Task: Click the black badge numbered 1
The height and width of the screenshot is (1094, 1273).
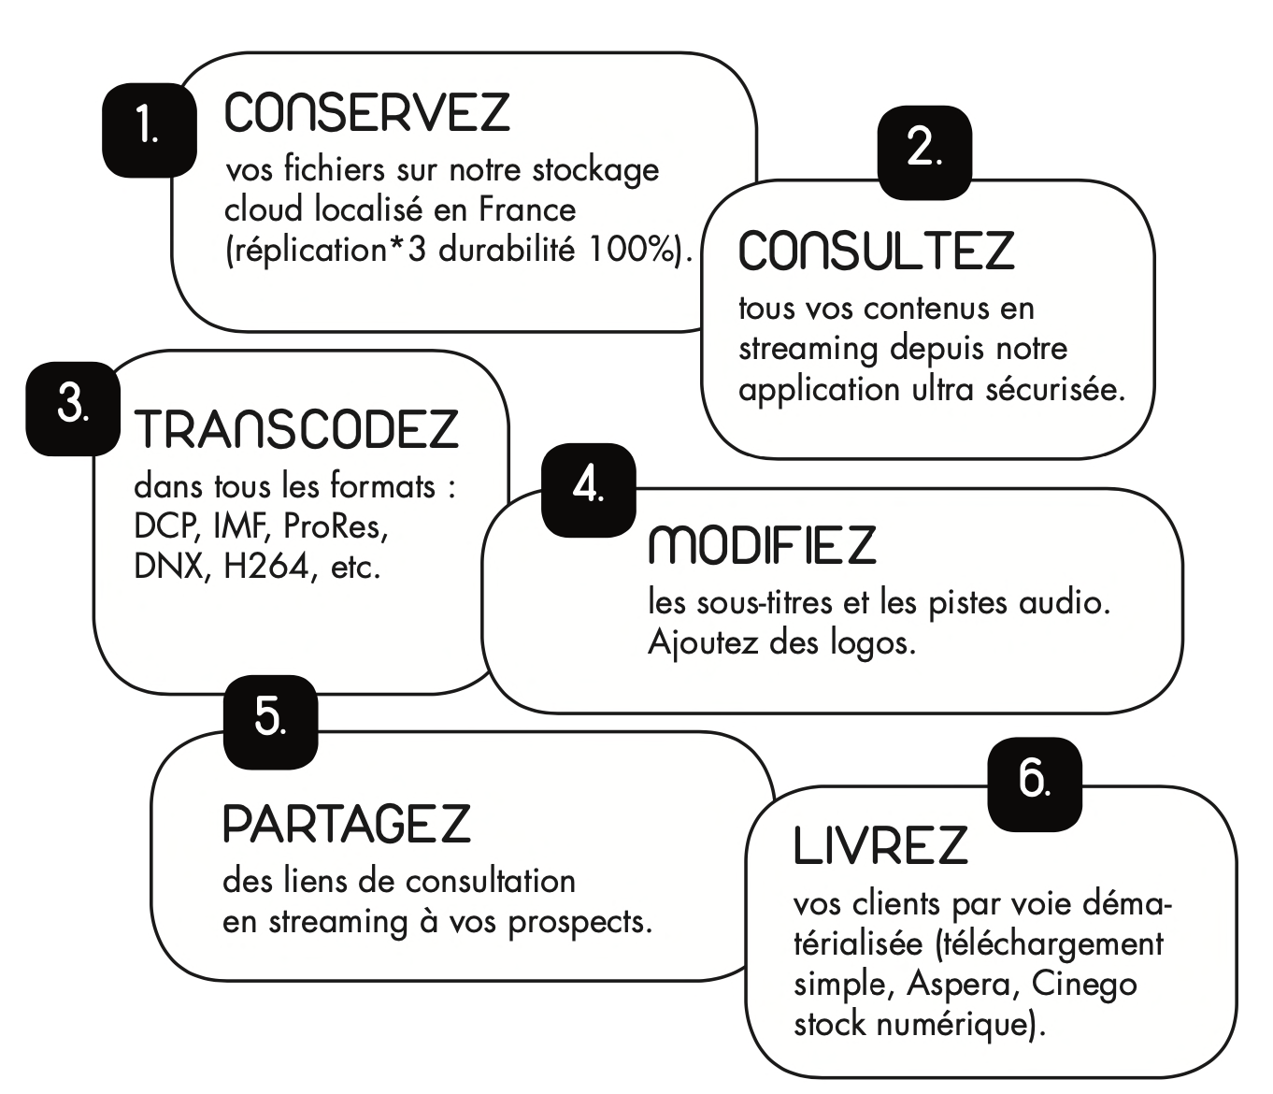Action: [150, 130]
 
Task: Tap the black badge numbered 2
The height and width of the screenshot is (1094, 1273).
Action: [924, 152]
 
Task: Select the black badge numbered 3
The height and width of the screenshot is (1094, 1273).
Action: [73, 409]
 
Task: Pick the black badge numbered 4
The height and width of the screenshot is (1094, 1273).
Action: [589, 490]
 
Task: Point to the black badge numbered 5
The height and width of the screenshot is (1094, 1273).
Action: [271, 722]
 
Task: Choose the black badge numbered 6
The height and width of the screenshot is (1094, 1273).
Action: [1035, 785]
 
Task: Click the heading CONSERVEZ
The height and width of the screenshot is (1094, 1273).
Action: [367, 112]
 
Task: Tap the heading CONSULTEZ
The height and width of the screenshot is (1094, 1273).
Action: [877, 250]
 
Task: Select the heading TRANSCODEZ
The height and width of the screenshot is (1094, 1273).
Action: [297, 428]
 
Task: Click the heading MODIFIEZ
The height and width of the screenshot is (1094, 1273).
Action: [763, 544]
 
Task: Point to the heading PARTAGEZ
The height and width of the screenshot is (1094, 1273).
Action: [347, 823]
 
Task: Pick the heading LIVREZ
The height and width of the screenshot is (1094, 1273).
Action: [880, 845]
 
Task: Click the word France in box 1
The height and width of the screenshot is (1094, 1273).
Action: [528, 210]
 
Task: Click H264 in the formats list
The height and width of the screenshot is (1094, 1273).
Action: [266, 566]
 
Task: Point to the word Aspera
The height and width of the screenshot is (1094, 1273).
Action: [959, 985]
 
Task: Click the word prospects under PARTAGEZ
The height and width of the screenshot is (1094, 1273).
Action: [579, 923]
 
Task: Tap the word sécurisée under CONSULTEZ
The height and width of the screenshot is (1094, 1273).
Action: [1055, 389]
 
